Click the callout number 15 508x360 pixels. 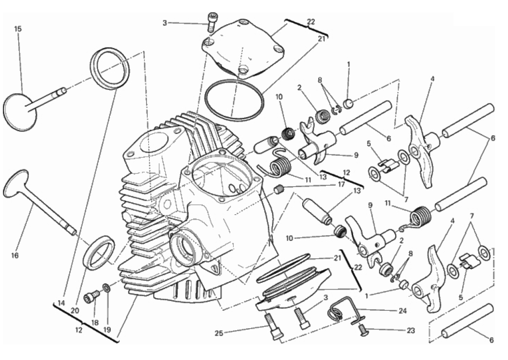point(18,29)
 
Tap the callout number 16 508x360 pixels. point(15,255)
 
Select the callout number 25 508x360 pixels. point(219,333)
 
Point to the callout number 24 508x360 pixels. point(403,311)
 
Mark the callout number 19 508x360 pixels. point(107,330)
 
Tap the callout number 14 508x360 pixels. point(61,303)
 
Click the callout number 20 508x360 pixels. point(75,310)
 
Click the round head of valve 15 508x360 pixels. point(20,112)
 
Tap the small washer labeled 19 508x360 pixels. point(106,287)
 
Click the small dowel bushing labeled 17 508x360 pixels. point(279,189)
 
